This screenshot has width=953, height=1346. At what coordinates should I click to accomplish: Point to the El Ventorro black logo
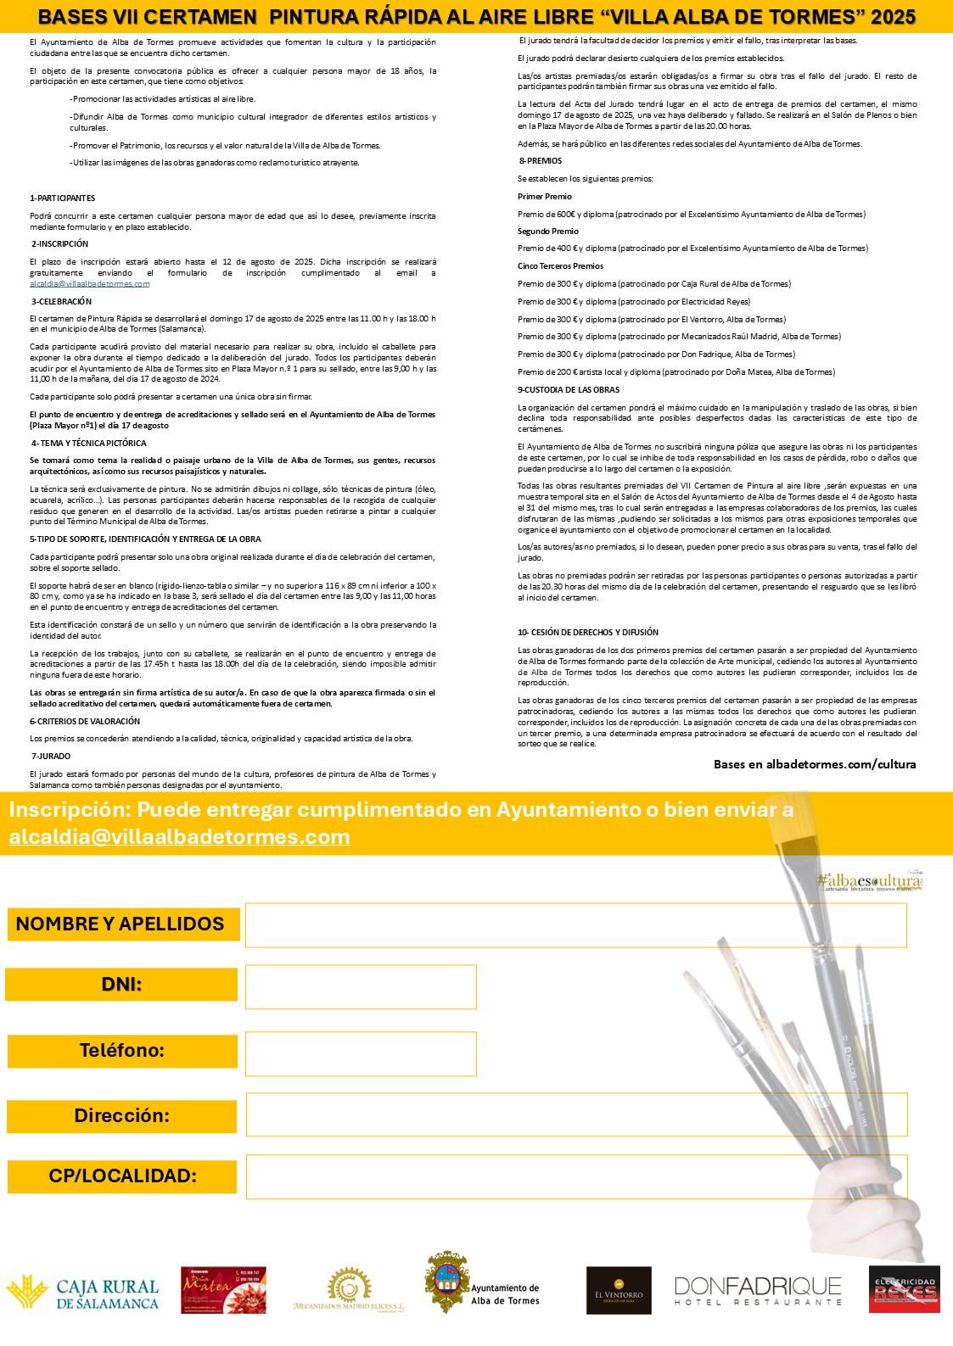click(619, 1290)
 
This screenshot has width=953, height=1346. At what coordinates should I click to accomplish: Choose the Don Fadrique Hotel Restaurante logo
click(759, 1290)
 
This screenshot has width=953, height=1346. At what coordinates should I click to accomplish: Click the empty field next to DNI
click(361, 986)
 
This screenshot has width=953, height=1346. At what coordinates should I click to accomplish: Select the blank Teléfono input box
click(361, 1053)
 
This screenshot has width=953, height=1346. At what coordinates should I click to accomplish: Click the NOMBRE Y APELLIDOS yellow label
click(121, 924)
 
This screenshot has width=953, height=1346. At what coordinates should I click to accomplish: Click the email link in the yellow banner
click(180, 836)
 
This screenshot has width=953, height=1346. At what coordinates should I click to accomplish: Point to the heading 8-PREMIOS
click(540, 160)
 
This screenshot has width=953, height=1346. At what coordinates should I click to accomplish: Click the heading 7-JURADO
click(51, 755)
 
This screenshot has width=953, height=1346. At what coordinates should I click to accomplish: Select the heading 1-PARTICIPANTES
click(62, 198)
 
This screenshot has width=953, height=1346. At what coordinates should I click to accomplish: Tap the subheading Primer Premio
click(545, 196)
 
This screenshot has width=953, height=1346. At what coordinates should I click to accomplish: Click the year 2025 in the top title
click(891, 16)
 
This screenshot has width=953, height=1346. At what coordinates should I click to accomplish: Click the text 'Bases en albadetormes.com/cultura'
click(815, 763)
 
